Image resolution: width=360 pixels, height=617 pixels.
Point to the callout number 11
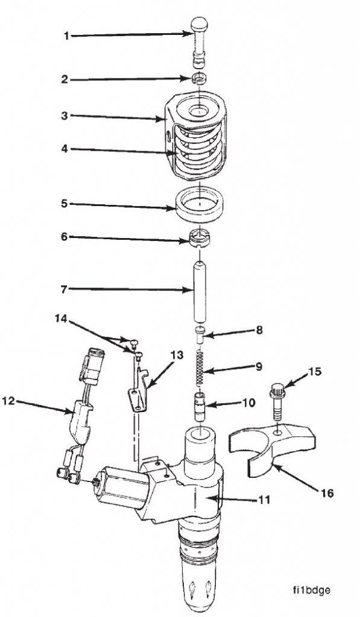[x=264, y=499]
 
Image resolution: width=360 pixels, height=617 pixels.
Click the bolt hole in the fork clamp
[x=277, y=432]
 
